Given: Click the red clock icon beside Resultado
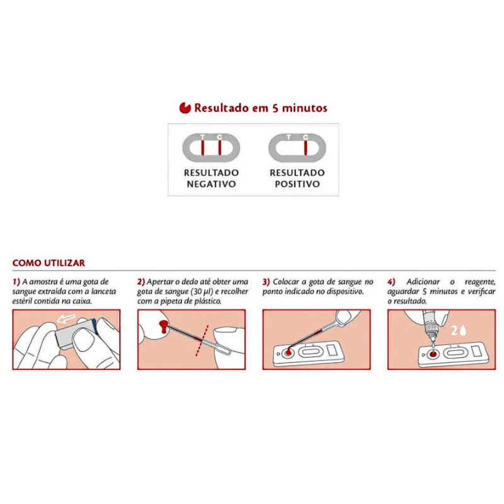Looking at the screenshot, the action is point(185,108).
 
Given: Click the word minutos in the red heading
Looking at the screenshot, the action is point(305,108).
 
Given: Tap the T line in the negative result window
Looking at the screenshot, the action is point(203,148).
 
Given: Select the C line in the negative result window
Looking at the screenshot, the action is point(220,148).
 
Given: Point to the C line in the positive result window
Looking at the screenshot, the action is point(306,148).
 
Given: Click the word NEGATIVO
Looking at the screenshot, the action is point(211,184).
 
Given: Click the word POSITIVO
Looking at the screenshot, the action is point(297,184).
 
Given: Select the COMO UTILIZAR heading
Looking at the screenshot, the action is point(49,263).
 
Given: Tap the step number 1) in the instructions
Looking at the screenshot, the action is point(16,282).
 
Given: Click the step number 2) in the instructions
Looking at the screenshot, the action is point(141,282).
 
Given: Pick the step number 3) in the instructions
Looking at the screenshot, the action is point(266,282).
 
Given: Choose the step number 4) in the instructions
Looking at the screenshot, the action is point(391,282).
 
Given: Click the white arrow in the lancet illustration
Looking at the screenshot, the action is point(66,319).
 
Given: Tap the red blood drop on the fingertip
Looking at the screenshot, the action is point(163,326).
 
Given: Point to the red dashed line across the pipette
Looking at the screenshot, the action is point(202,341).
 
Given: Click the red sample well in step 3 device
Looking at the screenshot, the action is point(288,353).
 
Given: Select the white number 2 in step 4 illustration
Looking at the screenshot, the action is point(454,330).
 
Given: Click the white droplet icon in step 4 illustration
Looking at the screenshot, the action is point(463,330).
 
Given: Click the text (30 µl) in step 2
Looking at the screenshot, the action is point(202,292).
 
